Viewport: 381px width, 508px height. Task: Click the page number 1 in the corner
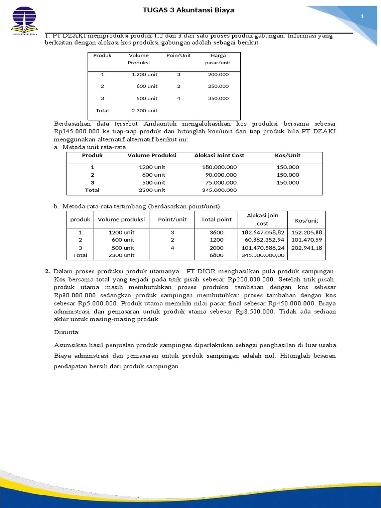pos(362,17)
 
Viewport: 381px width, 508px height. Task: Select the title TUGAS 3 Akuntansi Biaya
pos(189,10)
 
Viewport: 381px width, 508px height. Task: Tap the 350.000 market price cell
pos(218,98)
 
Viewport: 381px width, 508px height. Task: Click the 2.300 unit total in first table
pos(144,110)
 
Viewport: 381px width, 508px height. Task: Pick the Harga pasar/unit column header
pos(218,59)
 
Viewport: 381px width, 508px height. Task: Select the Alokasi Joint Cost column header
pos(219,155)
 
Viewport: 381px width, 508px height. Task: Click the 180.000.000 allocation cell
pos(219,167)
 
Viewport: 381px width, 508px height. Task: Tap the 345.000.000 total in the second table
pos(219,190)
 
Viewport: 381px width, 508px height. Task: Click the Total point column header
pos(216,220)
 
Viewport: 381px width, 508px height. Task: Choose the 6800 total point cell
pos(216,255)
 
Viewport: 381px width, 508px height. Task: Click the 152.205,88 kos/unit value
pos(307,232)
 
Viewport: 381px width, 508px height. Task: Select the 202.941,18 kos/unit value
pos(307,248)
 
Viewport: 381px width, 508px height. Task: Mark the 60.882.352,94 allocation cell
pos(263,240)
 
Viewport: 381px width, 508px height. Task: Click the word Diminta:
pos(66,331)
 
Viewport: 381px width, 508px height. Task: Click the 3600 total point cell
pos(216,232)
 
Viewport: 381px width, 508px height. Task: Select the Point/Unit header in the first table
pos(178,55)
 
